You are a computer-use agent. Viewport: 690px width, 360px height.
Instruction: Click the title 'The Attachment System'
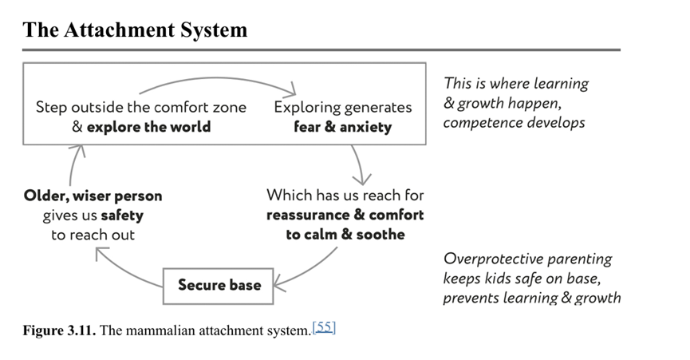[x=135, y=30]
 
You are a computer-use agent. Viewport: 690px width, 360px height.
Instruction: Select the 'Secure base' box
[x=219, y=285]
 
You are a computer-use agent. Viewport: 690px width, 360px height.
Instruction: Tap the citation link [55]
[x=324, y=326]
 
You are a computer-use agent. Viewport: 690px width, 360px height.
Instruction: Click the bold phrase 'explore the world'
[x=149, y=126]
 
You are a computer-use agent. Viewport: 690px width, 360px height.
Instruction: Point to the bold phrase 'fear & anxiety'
[x=343, y=126]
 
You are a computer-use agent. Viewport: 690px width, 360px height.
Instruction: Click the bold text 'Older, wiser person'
[x=93, y=196]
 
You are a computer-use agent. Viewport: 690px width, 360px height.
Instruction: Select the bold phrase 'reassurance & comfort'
[x=345, y=215]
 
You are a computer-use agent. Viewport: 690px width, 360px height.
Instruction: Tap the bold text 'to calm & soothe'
[x=345, y=235]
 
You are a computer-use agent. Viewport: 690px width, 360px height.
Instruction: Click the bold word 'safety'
[x=122, y=216]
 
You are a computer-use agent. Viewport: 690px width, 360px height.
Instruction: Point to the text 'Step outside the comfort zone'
[x=141, y=107]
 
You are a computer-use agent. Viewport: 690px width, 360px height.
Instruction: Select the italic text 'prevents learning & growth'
[x=532, y=298]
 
